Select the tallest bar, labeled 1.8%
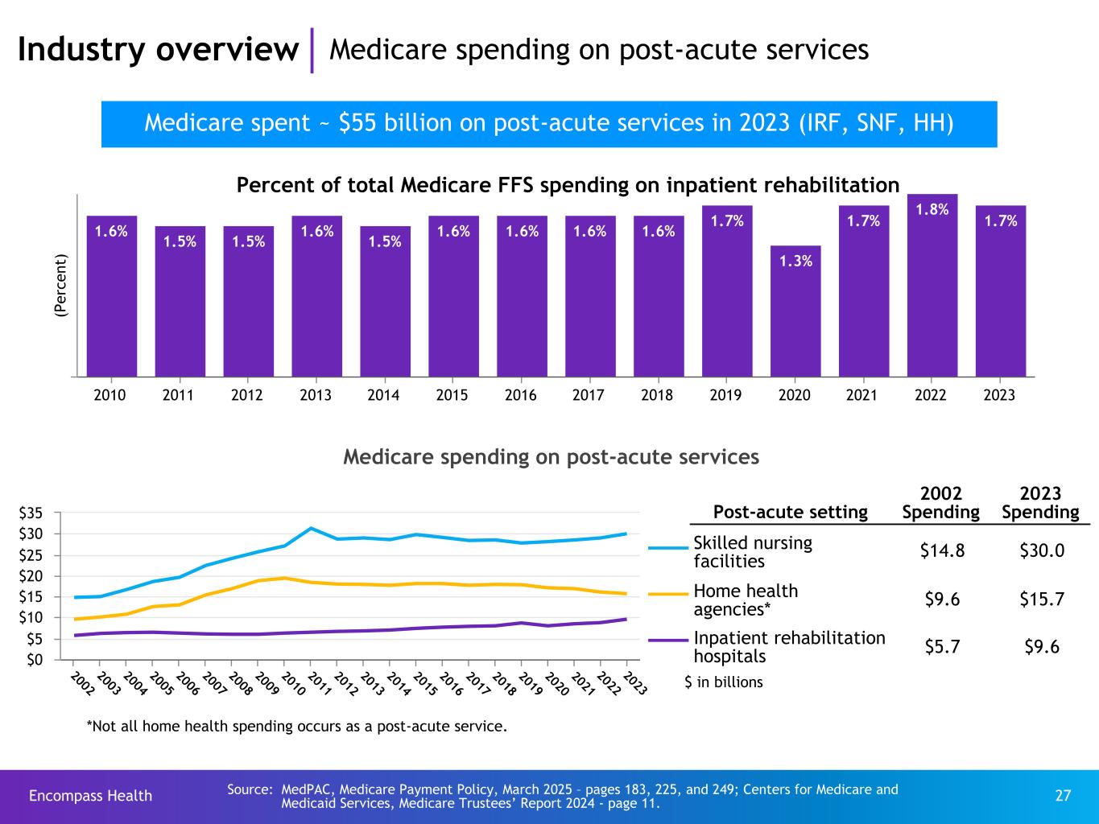[x=932, y=285]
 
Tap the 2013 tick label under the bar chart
[x=315, y=396]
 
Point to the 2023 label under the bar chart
[x=999, y=396]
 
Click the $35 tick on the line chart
[x=43, y=513]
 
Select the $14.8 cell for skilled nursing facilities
[x=940, y=550]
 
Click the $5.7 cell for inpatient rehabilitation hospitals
[x=940, y=647]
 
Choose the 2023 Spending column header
[x=1040, y=503]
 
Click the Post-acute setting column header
[x=790, y=512]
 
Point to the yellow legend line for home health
[x=668, y=594]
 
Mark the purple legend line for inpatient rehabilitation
[x=668, y=641]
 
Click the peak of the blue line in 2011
[x=311, y=528]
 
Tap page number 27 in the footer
[x=1063, y=796]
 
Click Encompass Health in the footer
[x=90, y=796]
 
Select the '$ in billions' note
[x=723, y=682]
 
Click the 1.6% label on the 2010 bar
[x=111, y=231]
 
